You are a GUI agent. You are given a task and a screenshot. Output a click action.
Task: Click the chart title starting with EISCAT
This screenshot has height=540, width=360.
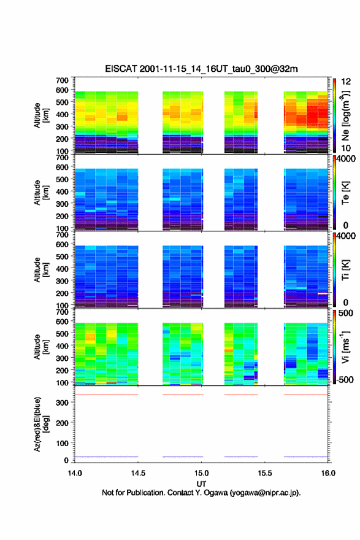[x=201, y=69]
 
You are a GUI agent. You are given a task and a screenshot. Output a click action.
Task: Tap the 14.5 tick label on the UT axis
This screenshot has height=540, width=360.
[x=138, y=473]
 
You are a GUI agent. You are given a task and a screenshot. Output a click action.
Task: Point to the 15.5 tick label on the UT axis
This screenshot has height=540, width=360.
[x=265, y=473]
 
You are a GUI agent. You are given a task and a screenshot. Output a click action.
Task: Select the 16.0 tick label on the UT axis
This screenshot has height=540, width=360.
[x=328, y=473]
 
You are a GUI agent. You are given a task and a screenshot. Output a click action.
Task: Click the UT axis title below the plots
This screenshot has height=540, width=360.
[x=201, y=484]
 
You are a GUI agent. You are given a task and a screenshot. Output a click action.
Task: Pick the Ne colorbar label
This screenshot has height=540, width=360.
[x=345, y=116]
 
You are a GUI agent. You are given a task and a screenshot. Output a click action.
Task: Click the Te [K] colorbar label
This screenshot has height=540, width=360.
[x=345, y=193]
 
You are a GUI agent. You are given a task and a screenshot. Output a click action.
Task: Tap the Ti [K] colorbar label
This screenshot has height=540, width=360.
[x=345, y=270]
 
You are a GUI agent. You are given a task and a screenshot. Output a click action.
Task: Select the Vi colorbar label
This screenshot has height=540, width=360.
[x=345, y=347]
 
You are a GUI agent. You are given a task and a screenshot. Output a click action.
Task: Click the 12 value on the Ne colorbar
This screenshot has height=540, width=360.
[x=346, y=82]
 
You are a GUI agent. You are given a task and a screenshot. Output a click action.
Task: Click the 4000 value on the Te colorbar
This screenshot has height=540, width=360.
[x=346, y=159]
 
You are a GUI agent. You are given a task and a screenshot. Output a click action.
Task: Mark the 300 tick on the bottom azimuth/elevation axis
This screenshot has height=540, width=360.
[x=63, y=403]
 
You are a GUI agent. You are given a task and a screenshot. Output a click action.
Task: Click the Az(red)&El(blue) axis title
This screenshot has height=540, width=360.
[x=42, y=424]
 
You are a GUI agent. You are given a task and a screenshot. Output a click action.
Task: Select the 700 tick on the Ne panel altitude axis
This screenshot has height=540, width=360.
[x=63, y=80]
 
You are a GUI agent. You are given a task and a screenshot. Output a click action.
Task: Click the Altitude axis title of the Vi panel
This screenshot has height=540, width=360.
[x=42, y=347]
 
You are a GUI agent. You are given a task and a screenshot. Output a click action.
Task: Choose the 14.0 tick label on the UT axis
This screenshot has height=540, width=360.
[x=75, y=473]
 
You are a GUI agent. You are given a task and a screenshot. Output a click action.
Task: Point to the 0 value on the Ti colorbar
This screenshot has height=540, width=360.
[x=345, y=303]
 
